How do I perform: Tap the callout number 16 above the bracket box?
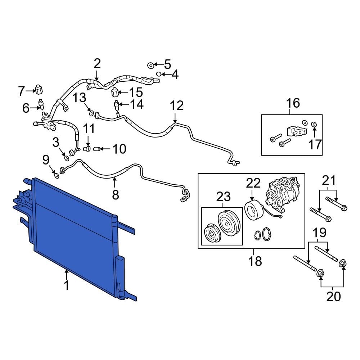point(293,103)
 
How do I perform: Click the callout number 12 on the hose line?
point(176,105)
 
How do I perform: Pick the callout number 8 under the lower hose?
point(115,194)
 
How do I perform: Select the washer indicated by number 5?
point(150,65)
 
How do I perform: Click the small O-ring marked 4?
point(158,74)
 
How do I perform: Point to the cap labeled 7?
point(39,88)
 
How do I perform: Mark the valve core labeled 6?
point(41,104)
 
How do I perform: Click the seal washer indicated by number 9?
point(57,175)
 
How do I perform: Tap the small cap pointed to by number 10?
point(96,149)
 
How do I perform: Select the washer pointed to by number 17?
point(314,125)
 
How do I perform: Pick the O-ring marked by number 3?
point(67,158)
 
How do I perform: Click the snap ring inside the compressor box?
point(266,234)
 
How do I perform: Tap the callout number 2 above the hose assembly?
point(97,64)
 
